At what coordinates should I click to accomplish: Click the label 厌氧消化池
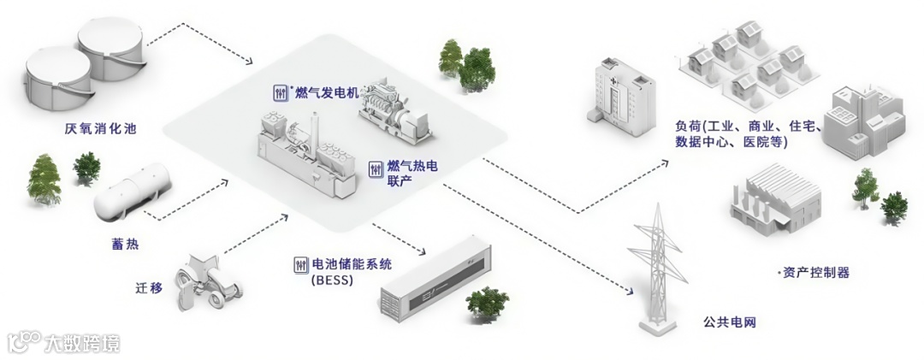pyautogui.click(x=101, y=130)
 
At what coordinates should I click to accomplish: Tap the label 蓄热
pyautogui.click(x=126, y=245)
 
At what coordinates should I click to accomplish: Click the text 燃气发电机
pyautogui.click(x=328, y=91)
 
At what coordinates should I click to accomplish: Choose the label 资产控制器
pyautogui.click(x=816, y=273)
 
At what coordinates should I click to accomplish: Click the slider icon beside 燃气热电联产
pyautogui.click(x=375, y=169)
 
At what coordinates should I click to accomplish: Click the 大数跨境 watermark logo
pyautogui.click(x=64, y=343)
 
